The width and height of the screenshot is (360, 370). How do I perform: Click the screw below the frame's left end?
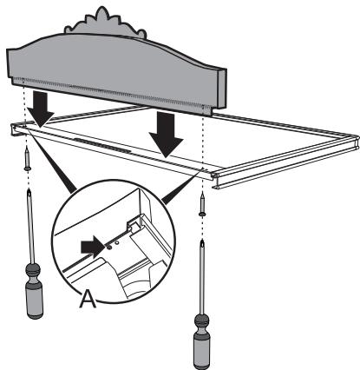(29, 159)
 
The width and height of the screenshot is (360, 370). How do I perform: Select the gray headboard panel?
(113, 65)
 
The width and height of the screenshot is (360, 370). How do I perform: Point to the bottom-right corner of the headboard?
(208, 114)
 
